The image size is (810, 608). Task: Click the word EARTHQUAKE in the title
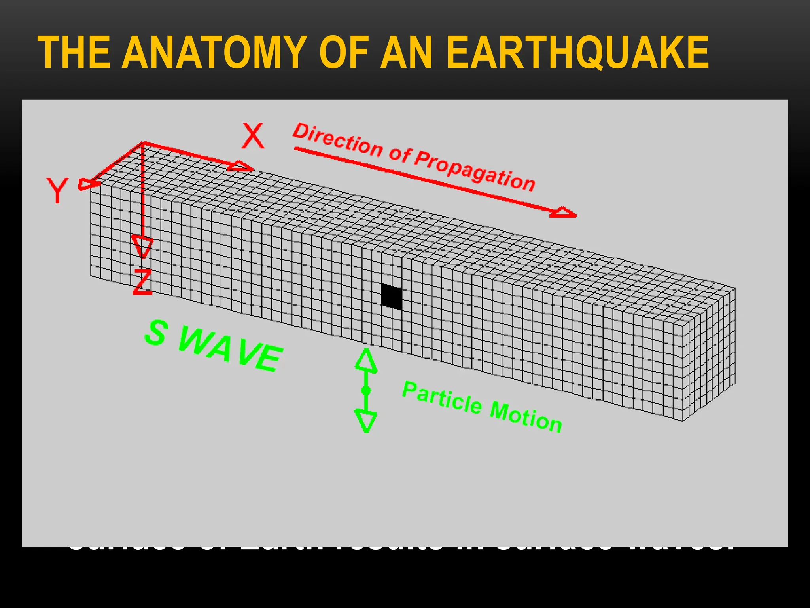[577, 53]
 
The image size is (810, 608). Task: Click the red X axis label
[253, 136]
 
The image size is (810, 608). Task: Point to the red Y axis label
[58, 190]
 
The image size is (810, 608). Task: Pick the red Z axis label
[142, 282]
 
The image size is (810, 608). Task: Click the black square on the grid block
[392, 296]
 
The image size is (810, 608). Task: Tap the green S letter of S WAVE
[156, 333]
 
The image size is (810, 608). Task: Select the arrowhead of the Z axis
[142, 245]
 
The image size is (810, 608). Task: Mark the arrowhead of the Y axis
[86, 184]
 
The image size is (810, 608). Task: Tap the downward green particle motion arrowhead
[366, 421]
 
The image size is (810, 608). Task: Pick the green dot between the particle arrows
[366, 391]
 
